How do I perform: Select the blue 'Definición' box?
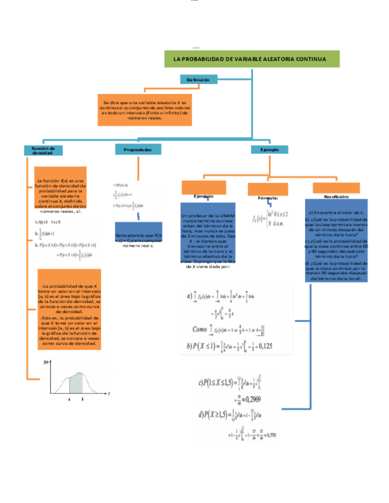[198, 79]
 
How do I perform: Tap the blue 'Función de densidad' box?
[43, 151]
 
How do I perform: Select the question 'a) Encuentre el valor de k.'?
[336, 212]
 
